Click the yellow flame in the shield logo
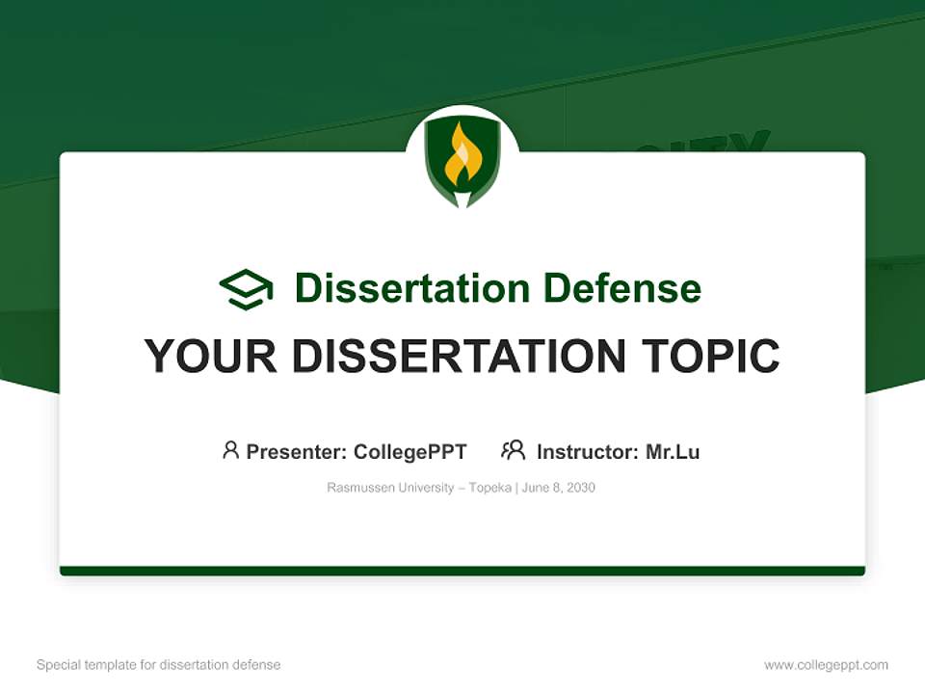462,157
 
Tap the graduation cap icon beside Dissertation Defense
246,288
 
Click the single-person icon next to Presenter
230,450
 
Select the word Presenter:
297,451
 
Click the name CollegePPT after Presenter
410,451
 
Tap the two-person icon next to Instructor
513,450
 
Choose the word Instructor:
588,451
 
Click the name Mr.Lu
673,451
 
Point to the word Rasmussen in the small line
361,488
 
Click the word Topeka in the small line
489,488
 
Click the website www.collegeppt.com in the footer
826,665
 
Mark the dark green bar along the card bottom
462,571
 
